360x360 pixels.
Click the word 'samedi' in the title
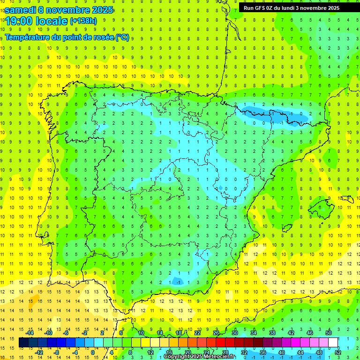[20, 9]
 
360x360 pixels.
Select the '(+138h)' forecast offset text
[83, 21]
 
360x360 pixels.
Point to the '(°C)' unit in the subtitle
[122, 37]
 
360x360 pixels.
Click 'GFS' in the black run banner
[261, 8]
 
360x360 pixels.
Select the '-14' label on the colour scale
[30, 333]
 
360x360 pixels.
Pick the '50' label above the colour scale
[329, 333]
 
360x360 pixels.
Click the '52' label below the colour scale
[338, 352]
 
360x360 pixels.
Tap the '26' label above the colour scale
[216, 333]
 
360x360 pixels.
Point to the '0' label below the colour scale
[93, 352]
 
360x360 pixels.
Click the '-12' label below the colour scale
[39, 352]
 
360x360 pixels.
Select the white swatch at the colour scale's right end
[333, 343]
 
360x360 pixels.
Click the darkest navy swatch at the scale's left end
[23, 343]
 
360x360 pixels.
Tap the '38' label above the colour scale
[272, 333]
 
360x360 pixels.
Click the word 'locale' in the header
[52, 21]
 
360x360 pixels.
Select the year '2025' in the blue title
[101, 9]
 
